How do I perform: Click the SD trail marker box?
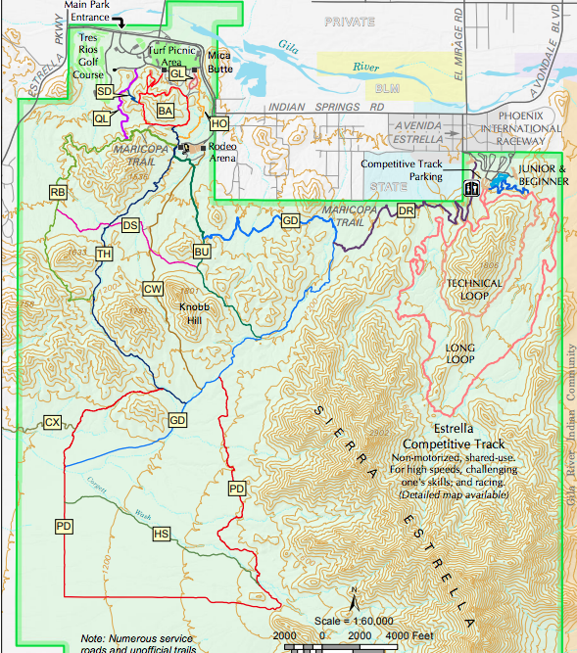105,91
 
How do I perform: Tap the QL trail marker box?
102,117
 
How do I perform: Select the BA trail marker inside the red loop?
166,112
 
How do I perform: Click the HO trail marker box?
219,123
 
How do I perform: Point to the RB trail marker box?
58,193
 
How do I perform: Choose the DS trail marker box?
130,226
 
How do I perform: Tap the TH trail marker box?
104,255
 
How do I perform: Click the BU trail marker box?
203,253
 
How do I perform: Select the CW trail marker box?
153,289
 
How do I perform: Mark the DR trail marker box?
406,211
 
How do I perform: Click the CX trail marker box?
53,423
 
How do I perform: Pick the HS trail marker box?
162,534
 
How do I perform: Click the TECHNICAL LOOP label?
474,289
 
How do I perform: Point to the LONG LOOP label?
460,353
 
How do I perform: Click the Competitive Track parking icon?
471,188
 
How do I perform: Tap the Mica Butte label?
218,62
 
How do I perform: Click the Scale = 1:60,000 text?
355,621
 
